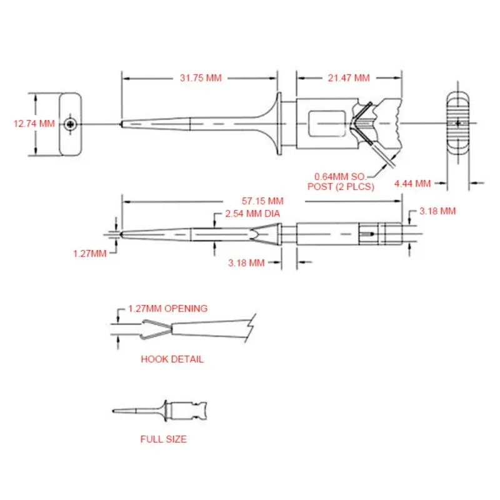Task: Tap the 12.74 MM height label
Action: [x=34, y=124]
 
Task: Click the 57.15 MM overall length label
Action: [x=262, y=201]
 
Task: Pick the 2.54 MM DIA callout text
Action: [x=252, y=214]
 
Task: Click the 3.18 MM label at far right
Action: [x=437, y=211]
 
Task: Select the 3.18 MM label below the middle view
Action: [x=246, y=263]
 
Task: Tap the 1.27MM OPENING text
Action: [x=167, y=309]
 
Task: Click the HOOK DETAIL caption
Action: [x=172, y=359]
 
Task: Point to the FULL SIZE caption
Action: [x=163, y=439]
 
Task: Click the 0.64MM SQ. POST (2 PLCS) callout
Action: [x=341, y=181]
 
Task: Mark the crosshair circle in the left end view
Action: [x=73, y=124]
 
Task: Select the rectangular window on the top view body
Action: [x=326, y=124]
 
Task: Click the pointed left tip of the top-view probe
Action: [x=122, y=123]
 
